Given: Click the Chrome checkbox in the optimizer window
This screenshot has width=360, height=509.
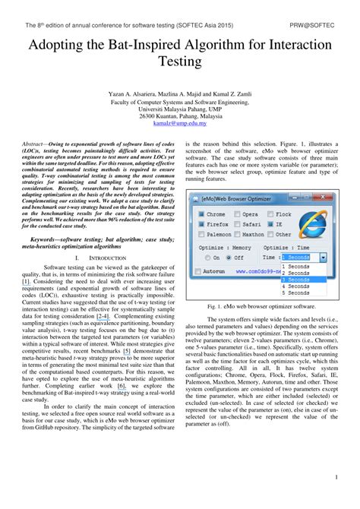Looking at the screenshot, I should (x=201, y=215).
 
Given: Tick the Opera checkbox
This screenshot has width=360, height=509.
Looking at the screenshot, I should (x=237, y=215).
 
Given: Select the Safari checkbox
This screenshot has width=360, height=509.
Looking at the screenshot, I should (x=237, y=225).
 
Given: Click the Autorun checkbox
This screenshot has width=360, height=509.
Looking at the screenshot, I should (x=200, y=270).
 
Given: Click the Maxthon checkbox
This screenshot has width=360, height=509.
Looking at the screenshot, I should (x=237, y=235).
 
